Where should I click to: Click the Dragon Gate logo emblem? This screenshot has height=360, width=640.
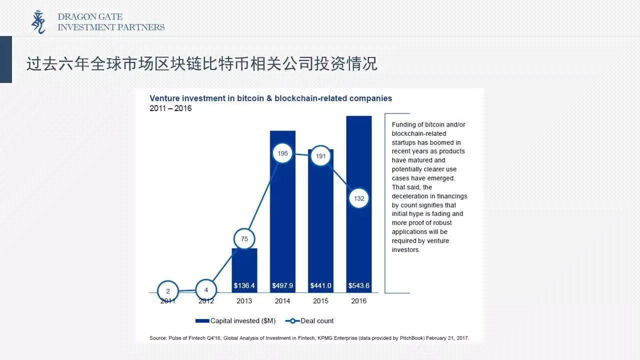pos(38,22)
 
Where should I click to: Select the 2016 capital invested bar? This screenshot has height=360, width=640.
pos(359,204)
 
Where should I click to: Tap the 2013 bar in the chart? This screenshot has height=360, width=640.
pos(244,270)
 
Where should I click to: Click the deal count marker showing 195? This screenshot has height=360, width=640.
pos(282,153)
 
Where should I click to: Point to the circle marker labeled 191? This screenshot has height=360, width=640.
pos(320,156)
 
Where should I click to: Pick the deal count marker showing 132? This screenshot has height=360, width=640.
pos(359,198)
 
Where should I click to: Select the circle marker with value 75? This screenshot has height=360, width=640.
pos(244,239)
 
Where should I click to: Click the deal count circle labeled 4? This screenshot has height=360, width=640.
pos(206,290)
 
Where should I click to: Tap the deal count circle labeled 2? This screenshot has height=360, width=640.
pos(168,291)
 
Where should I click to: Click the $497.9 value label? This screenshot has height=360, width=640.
pos(282,285)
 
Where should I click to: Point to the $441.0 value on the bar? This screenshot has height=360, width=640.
pos(320,285)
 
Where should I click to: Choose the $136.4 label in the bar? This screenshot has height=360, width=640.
pos(244,285)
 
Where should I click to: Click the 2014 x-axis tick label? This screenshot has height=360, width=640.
pos(282,301)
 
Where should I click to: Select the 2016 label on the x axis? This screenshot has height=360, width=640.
pos(359,301)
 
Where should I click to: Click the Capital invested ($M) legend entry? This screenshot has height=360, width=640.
pos(235,321)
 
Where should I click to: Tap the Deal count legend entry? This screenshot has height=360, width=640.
pos(309,321)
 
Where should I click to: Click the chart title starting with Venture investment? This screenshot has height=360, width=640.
pos(271,98)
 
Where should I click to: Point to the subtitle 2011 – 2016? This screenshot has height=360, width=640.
pos(170,108)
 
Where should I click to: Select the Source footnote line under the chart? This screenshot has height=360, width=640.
pos(309,338)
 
